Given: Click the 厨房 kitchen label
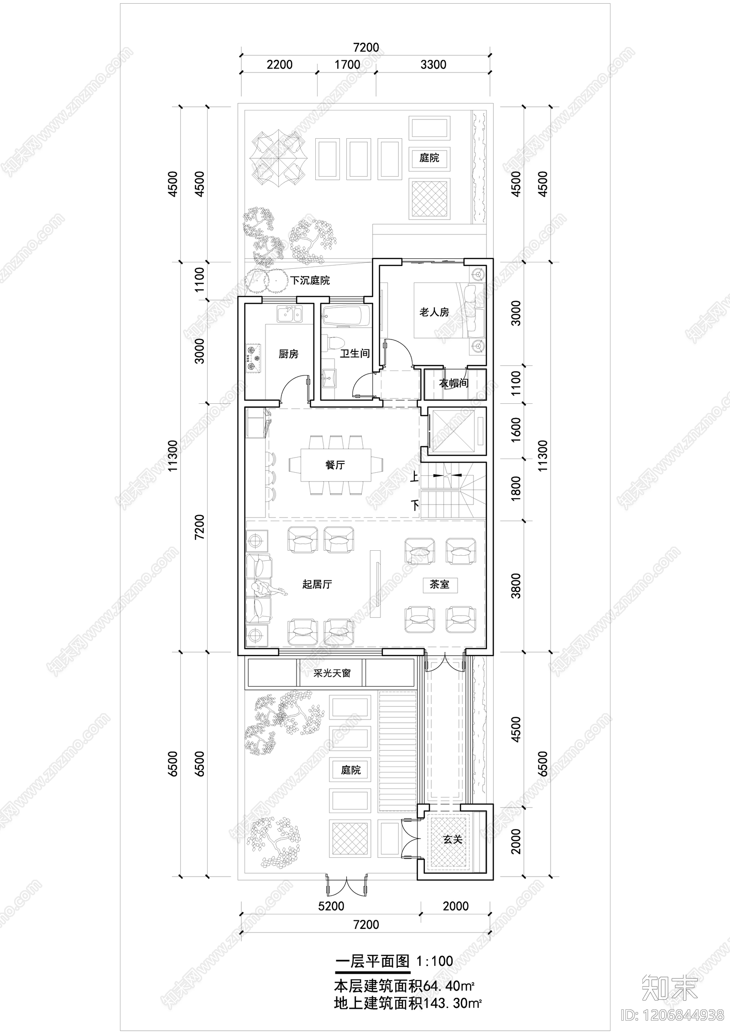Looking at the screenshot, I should (288, 354).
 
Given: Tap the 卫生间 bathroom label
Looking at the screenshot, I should (355, 353).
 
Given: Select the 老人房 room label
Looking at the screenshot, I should (434, 312).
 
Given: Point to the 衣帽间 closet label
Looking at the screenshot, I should (454, 383).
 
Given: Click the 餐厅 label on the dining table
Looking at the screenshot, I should (335, 465).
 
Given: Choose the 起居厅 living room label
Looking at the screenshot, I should (317, 584).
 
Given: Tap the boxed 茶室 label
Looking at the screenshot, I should (439, 584).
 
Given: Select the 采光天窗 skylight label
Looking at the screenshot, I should (332, 673).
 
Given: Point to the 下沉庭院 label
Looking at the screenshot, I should (310, 280).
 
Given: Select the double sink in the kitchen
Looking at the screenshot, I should (288, 314).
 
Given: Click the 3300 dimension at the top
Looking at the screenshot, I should (433, 64).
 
